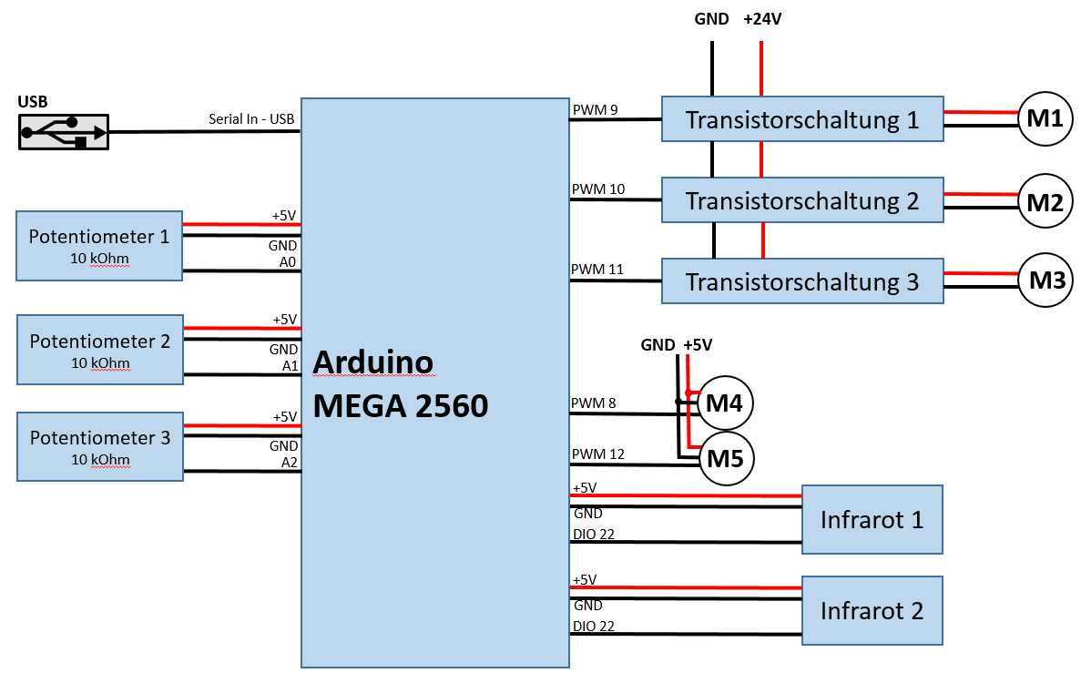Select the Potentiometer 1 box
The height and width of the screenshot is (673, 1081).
(99, 246)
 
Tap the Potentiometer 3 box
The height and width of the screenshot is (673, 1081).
(99, 446)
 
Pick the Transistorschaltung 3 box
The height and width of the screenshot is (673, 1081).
(801, 281)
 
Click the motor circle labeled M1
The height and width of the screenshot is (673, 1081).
(1045, 119)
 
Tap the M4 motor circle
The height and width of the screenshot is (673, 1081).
(725, 402)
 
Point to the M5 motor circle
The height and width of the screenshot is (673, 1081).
(725, 459)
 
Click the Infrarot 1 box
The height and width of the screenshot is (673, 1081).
(872, 519)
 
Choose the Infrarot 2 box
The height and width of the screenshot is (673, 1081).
(872, 610)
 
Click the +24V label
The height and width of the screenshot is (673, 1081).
(762, 19)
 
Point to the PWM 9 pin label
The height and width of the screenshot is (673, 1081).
(596, 110)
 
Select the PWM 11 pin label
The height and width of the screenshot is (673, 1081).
(597, 270)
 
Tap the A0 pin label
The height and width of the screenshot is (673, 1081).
(289, 262)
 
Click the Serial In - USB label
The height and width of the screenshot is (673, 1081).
(251, 118)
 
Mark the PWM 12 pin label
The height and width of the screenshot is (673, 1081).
(598, 454)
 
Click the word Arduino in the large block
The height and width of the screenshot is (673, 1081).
(372, 362)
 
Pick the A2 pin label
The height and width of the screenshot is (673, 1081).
(289, 463)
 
